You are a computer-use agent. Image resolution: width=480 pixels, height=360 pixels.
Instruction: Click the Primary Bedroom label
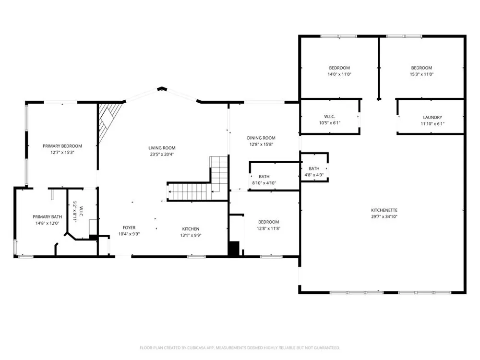point(62,146)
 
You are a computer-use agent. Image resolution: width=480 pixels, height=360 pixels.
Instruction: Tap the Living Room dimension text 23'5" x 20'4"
point(162,154)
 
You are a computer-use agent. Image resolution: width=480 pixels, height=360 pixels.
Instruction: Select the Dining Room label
point(261,138)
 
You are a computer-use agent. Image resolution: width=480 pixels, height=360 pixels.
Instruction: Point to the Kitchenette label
point(384,210)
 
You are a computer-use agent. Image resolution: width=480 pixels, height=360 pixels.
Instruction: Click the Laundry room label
point(432,117)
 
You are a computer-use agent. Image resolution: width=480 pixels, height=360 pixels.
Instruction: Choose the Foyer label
point(129,228)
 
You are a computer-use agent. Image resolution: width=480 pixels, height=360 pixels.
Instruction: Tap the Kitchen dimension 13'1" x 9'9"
point(191,235)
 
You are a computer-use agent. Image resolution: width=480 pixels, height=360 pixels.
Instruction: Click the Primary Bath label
point(48,217)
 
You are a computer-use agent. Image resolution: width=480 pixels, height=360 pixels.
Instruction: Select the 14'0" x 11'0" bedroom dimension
point(339,74)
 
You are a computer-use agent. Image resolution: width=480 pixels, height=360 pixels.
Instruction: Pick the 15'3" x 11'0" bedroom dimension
point(421,74)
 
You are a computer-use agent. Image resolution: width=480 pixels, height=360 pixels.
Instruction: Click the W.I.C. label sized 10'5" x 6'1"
point(330,117)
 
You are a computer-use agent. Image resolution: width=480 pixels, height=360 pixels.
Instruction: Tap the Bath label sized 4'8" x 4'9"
point(314,168)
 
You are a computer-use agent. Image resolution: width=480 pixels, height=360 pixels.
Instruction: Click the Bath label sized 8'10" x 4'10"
point(264,177)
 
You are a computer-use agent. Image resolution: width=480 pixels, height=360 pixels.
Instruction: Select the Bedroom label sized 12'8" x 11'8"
point(268,222)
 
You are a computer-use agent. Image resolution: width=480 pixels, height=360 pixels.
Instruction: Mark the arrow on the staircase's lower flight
point(190,192)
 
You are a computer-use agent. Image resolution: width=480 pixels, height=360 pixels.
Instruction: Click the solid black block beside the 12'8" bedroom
point(234,248)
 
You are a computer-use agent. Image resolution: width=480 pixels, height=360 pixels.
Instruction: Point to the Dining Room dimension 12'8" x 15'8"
point(261,144)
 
